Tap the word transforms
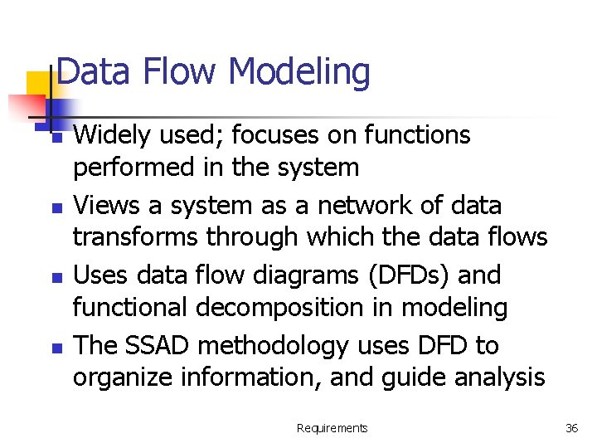(136, 237)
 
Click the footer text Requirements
(332, 428)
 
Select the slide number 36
(571, 428)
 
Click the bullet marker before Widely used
(56, 138)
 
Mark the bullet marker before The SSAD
(56, 347)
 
